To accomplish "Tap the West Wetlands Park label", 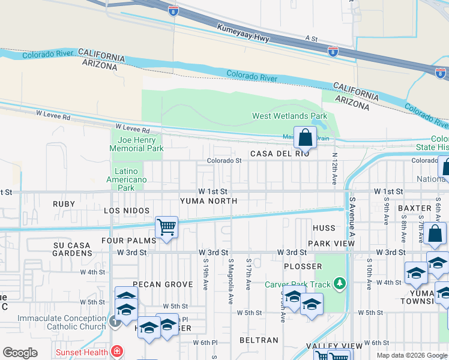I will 289,116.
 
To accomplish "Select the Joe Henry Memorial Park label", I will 137,144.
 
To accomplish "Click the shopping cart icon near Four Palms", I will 166,227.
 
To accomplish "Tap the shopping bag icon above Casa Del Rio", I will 305,137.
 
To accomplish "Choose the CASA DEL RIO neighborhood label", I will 280,154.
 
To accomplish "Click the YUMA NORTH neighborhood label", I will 208,201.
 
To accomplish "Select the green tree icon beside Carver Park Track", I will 340,282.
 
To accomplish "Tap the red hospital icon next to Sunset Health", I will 117,352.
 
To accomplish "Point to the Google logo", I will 20,353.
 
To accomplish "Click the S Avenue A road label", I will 353,216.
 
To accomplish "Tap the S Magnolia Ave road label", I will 231,281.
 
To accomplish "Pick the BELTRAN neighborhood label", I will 258,340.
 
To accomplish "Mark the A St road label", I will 311,38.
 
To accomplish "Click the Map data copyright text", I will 412,355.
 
